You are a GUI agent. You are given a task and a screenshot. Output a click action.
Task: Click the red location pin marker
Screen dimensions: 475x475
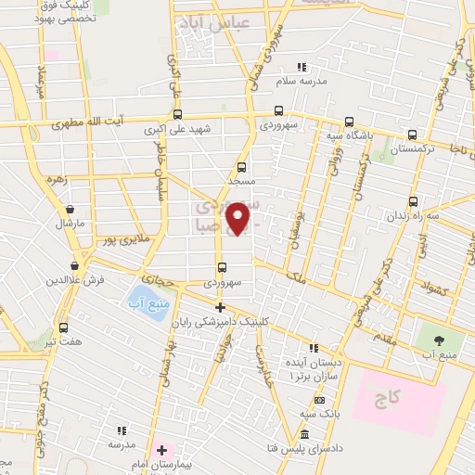(239, 217)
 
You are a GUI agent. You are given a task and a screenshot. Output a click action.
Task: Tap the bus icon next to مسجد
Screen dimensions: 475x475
(241, 168)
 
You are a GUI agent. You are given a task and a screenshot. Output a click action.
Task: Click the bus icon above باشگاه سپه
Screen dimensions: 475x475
(349, 122)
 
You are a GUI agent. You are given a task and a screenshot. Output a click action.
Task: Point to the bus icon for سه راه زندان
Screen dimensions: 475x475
(412, 200)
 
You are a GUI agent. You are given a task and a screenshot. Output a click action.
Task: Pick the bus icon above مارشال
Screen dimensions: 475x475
(70, 208)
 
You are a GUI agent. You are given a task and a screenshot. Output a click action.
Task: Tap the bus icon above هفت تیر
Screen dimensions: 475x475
(63, 327)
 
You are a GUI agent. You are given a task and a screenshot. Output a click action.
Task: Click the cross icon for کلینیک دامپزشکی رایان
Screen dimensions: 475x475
(220, 307)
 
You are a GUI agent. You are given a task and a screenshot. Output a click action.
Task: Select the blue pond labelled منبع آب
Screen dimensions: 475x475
(145, 305)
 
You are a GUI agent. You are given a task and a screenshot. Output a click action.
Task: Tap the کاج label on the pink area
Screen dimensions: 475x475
(386, 399)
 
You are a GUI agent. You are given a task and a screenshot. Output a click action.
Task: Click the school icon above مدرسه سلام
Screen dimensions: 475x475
(300, 67)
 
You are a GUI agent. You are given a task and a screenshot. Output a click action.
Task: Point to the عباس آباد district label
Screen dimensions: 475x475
(213, 26)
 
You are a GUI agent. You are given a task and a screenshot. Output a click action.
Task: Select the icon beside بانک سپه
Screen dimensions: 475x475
(319, 399)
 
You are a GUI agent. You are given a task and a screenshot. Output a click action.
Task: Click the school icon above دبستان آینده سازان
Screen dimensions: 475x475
(313, 347)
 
